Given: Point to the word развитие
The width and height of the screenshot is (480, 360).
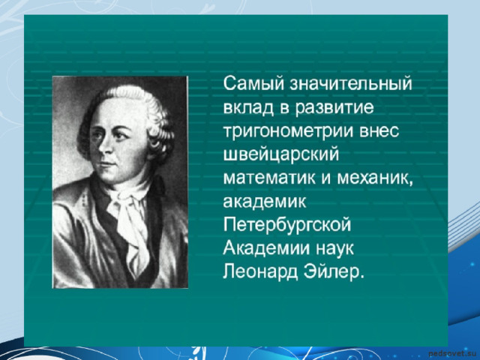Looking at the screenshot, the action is click(334, 108).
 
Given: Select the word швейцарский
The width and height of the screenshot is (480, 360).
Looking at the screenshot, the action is click(281, 154).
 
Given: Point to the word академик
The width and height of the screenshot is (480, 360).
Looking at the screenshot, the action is click(265, 202).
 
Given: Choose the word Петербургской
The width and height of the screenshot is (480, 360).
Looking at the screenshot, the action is click(286, 226).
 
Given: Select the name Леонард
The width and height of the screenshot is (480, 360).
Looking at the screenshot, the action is click(260, 272).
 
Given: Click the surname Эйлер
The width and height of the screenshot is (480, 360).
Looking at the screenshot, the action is click(334, 271).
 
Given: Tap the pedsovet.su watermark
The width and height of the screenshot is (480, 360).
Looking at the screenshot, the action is click(452, 354).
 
